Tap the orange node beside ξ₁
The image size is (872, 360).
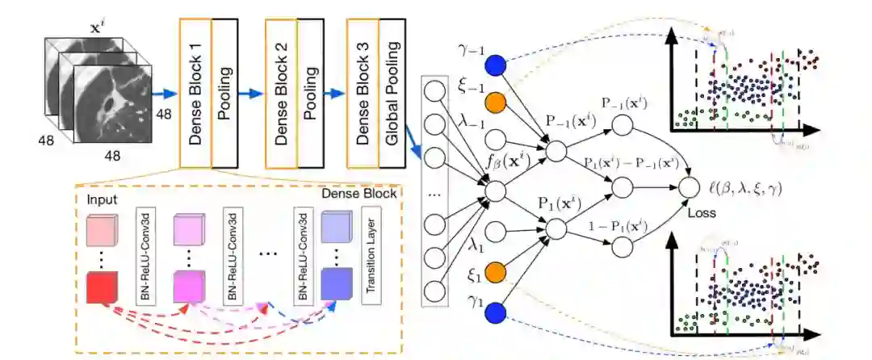point(495,271)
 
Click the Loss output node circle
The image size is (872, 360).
point(688,189)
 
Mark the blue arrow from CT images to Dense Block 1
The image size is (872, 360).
point(163,95)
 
